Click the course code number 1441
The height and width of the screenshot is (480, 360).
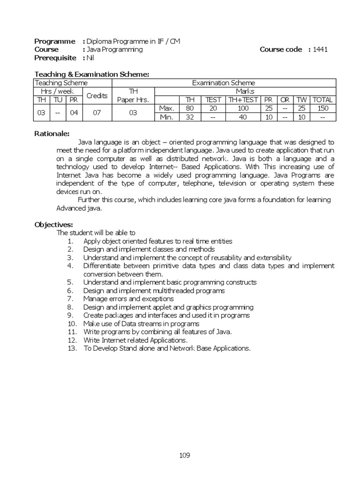pos(321,50)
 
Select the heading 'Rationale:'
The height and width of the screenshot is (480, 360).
pos(52,134)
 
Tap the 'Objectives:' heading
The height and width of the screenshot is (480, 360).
pos(53,225)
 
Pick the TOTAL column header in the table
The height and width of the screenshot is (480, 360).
pos(322,99)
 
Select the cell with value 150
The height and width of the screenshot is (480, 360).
pos(322,108)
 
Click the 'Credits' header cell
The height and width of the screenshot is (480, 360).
pos(97,96)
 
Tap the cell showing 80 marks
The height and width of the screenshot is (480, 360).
pos(190,108)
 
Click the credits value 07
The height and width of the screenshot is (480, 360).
pos(97,112)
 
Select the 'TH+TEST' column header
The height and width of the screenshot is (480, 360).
pos(243,99)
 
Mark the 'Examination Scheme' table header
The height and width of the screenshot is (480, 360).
pos(224,83)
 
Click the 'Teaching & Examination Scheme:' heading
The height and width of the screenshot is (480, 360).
pos(92,74)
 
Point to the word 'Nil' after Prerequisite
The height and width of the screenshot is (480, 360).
pos(90,58)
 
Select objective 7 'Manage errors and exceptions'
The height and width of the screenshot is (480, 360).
pos(128,299)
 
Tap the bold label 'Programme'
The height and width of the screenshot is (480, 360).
pos(54,41)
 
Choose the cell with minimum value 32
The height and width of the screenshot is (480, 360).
pos(190,117)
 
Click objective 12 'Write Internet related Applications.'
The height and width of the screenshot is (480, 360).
pos(135,340)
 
